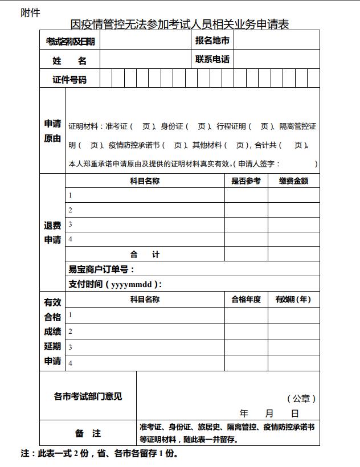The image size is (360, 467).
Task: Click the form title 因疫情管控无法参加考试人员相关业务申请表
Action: [x=180, y=24]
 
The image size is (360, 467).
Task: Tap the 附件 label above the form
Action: [x=30, y=13]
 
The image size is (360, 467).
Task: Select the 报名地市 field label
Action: [x=212, y=40]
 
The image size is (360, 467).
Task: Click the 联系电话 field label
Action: [x=212, y=59]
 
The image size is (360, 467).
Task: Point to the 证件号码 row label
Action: [x=69, y=79]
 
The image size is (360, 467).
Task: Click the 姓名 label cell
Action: [x=69, y=60]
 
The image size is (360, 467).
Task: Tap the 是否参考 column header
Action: [x=246, y=181]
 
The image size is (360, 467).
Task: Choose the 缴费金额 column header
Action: [x=293, y=181]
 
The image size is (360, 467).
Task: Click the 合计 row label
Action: [x=145, y=255]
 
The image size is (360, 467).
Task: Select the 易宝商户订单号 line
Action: [x=102, y=269]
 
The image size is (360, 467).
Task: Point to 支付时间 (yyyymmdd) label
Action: [x=115, y=284]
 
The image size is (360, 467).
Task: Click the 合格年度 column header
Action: [x=246, y=300]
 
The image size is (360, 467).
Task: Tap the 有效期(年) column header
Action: [x=293, y=300]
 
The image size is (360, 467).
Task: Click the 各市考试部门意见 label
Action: [x=88, y=396]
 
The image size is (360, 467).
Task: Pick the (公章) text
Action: [x=301, y=399]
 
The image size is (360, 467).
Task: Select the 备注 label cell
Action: [x=88, y=433]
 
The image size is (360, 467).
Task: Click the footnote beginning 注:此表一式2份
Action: [x=100, y=454]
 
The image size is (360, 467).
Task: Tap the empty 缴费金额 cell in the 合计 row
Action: [x=293, y=255]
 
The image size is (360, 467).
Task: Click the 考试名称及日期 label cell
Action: [x=70, y=41]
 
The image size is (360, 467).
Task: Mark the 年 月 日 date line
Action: [x=269, y=413]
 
